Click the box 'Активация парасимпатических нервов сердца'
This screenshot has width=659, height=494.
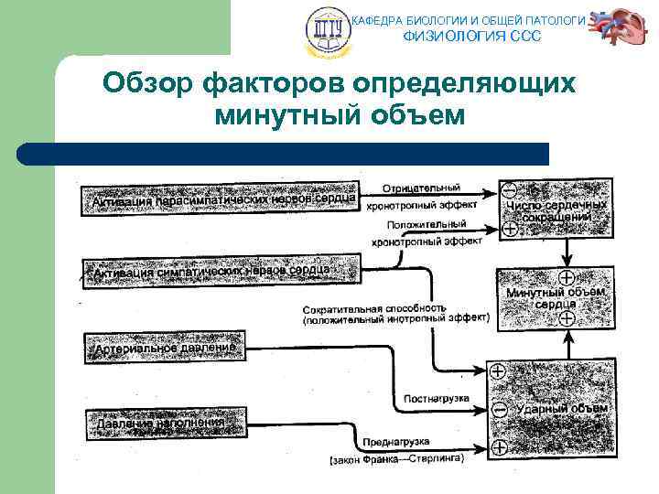point(220,198)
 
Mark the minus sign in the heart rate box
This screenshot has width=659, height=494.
point(509,190)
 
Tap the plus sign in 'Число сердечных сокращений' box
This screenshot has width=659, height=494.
point(509,229)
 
